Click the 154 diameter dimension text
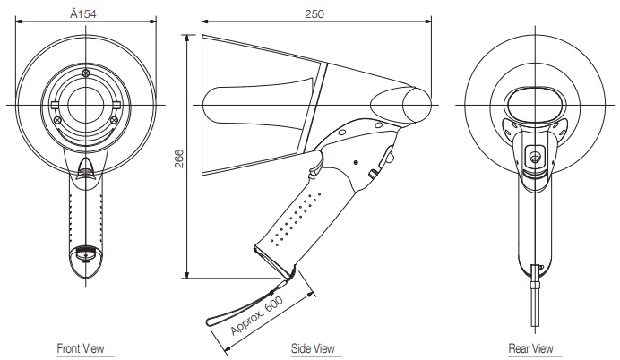83,13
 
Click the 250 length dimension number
314,14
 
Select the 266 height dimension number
179,159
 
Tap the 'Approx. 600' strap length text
256,315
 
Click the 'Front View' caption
81,348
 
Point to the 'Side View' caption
313,348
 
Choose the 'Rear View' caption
530,348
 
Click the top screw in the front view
86,73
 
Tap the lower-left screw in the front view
57,119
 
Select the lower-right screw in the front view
114,119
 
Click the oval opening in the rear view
535,104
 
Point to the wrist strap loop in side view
245,306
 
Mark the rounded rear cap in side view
417,104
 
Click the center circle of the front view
86,105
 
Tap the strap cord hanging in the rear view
535,296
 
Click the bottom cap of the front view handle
85,253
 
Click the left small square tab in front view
55,105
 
